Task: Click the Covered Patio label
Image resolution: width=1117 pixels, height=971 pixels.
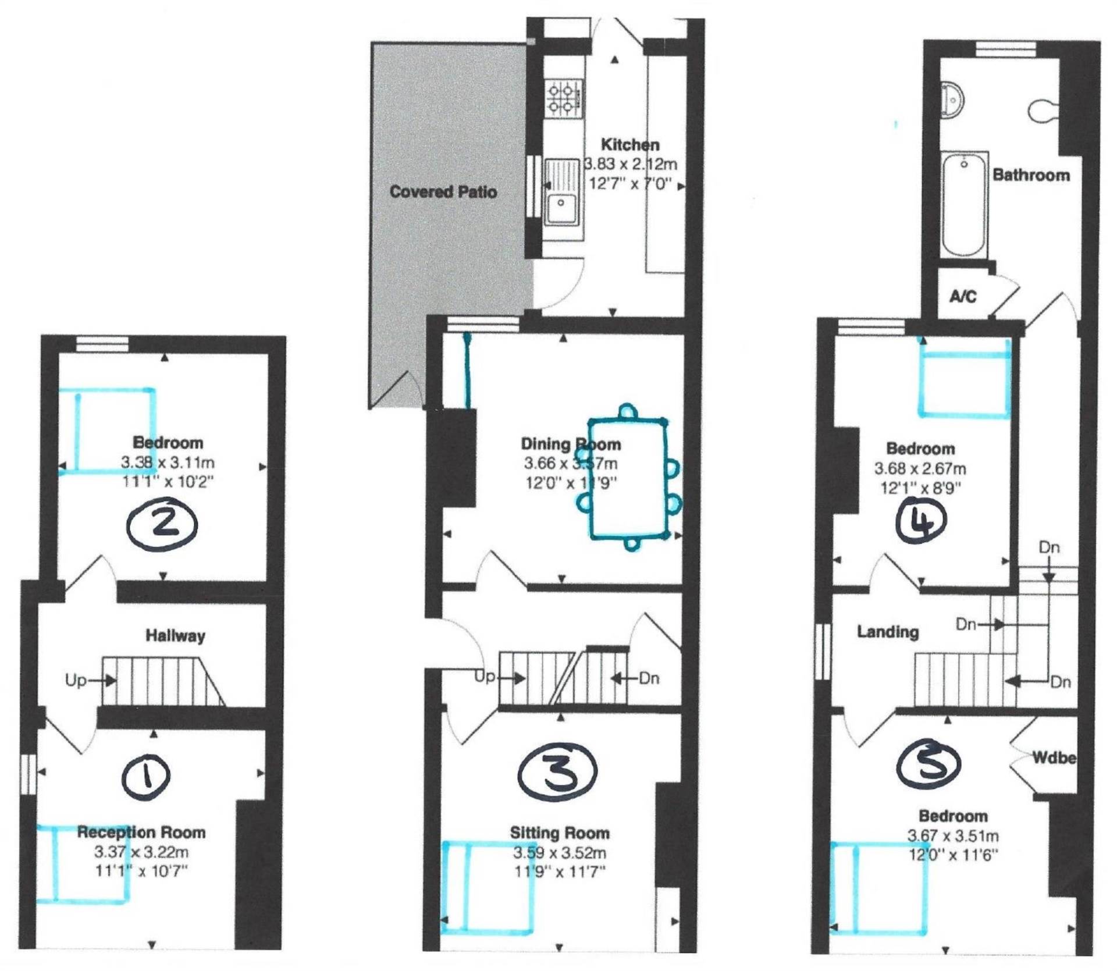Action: pyautogui.click(x=443, y=192)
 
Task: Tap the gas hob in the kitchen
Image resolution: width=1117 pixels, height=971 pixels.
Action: pyautogui.click(x=563, y=97)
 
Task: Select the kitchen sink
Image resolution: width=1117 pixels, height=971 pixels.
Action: pyautogui.click(x=561, y=193)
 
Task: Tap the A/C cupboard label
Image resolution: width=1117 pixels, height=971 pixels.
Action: pyautogui.click(x=963, y=297)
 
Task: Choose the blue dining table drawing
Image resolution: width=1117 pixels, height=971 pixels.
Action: pyautogui.click(x=628, y=477)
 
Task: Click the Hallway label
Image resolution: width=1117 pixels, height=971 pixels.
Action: pyautogui.click(x=175, y=635)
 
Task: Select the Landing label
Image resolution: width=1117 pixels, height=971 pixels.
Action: pyautogui.click(x=888, y=632)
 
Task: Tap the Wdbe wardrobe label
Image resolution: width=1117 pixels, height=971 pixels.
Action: pyautogui.click(x=1054, y=757)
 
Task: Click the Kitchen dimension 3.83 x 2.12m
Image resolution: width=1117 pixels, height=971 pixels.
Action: pyautogui.click(x=630, y=165)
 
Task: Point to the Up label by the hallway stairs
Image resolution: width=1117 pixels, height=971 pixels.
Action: pyautogui.click(x=76, y=680)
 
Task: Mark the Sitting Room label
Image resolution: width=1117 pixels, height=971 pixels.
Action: pyautogui.click(x=560, y=833)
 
